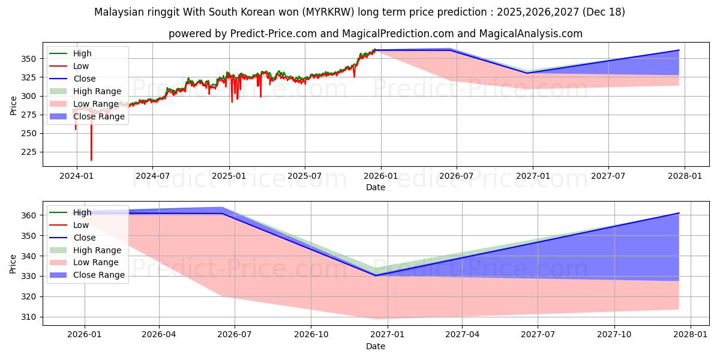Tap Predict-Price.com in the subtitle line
pos(272,34)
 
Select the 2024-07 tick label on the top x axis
pos(152,176)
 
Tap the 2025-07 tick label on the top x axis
pos(304,176)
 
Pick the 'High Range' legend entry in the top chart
pos(97,91)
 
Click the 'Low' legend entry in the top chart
pos(81,66)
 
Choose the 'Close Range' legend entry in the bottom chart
pos(99,275)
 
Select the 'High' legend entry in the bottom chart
pos(82,212)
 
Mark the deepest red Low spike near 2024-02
pos(91,160)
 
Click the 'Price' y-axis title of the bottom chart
pos(13,263)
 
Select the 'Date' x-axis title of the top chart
pos(376,187)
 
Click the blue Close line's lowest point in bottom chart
pos(376,275)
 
